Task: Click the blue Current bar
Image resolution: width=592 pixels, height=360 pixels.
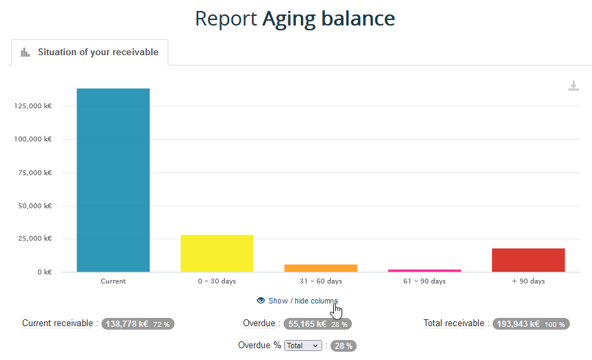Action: pos(113,180)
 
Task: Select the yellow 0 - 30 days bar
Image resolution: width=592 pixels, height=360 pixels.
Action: pos(217,253)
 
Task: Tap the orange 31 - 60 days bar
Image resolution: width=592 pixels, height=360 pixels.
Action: pos(321,268)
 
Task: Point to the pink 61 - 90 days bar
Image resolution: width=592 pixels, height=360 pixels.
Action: pos(424,270)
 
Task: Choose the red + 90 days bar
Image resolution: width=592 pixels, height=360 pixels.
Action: pos(529,260)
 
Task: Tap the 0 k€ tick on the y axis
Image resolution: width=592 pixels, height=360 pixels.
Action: pos(46,272)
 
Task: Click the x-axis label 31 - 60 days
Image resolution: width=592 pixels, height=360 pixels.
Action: pos(321,281)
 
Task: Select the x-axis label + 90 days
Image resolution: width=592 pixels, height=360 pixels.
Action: pos(529,281)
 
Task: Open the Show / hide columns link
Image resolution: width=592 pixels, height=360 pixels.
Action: pos(303,301)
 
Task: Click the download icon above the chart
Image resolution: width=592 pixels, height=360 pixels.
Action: pos(573,86)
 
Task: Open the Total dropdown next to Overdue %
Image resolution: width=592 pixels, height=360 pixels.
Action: pos(303,346)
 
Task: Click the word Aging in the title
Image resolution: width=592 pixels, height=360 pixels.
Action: pos(289,19)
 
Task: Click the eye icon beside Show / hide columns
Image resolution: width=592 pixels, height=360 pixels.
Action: pos(261,301)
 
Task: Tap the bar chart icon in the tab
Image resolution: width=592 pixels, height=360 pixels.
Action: pos(26,52)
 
